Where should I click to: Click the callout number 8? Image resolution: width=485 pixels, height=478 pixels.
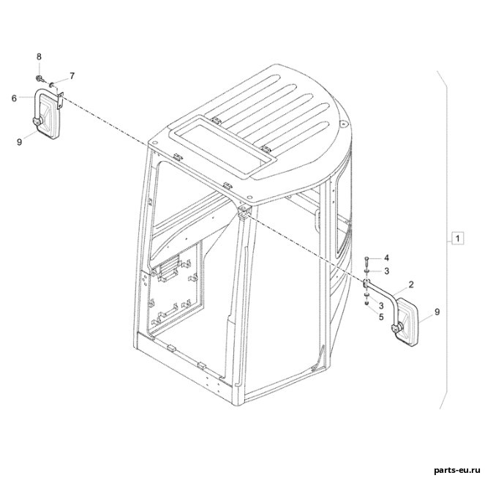point(39,56)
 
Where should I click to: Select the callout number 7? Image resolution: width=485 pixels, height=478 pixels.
point(72,76)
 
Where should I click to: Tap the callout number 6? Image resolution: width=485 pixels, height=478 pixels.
point(14,98)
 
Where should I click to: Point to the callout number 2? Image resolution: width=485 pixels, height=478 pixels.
point(411,285)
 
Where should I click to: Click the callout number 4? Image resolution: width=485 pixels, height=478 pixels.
point(387,258)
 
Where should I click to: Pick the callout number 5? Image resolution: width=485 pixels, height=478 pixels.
point(381,317)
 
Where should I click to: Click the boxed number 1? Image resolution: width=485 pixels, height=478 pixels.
point(458,239)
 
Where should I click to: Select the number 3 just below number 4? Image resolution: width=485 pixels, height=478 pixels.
point(387,271)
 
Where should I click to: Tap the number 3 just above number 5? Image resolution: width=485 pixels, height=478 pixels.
point(381,306)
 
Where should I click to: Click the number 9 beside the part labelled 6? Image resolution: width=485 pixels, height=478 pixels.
point(20,142)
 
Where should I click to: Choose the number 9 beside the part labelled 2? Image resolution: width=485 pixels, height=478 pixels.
point(437,312)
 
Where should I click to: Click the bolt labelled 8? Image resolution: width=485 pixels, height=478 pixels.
point(40,78)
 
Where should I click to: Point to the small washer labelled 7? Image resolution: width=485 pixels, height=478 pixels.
point(52,83)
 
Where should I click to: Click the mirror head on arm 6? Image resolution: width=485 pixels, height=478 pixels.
point(46,116)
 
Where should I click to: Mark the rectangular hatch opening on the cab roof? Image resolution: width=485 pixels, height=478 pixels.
point(222,146)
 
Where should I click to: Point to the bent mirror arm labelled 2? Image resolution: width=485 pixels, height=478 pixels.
point(381,290)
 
